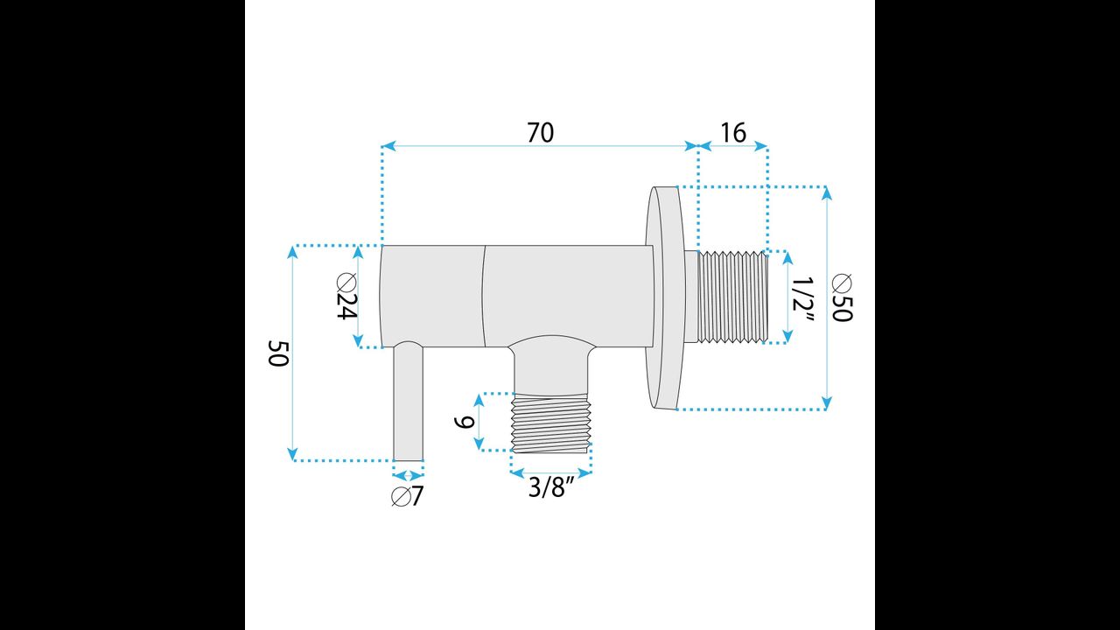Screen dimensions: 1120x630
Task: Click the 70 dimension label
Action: click(541, 132)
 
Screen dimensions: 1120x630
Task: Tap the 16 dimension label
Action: click(733, 132)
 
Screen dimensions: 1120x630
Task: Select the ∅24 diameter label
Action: click(346, 297)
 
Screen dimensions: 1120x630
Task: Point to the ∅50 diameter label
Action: click(842, 298)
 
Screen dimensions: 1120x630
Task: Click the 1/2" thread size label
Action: click(803, 299)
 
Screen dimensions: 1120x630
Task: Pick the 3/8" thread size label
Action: click(551, 486)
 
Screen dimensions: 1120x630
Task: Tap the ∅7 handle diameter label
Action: click(408, 496)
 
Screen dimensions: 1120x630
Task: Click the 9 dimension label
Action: click(465, 423)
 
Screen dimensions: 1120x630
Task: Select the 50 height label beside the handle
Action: click(278, 353)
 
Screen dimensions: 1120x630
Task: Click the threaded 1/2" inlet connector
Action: click(732, 297)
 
